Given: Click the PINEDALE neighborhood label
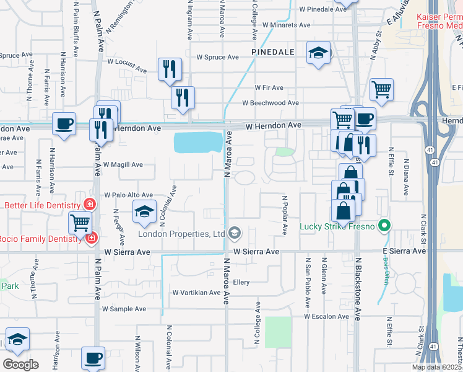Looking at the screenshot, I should point(272,52).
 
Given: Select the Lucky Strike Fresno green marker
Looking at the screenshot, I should point(384,226).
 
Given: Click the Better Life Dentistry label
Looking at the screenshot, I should point(42,205).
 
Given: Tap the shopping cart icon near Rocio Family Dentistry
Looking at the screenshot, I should point(80,223).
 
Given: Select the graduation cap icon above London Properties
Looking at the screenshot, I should point(144,211).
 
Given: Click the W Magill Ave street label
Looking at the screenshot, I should point(123,165).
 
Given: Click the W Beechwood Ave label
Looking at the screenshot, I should point(270,103).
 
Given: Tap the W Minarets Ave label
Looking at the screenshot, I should point(286,25).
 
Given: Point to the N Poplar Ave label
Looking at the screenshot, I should point(285,216).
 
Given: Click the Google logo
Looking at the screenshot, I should point(20,365).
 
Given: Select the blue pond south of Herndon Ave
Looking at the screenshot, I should point(198,143).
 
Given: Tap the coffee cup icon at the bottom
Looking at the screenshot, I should point(93,358).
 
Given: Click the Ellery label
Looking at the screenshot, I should point(241,282).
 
